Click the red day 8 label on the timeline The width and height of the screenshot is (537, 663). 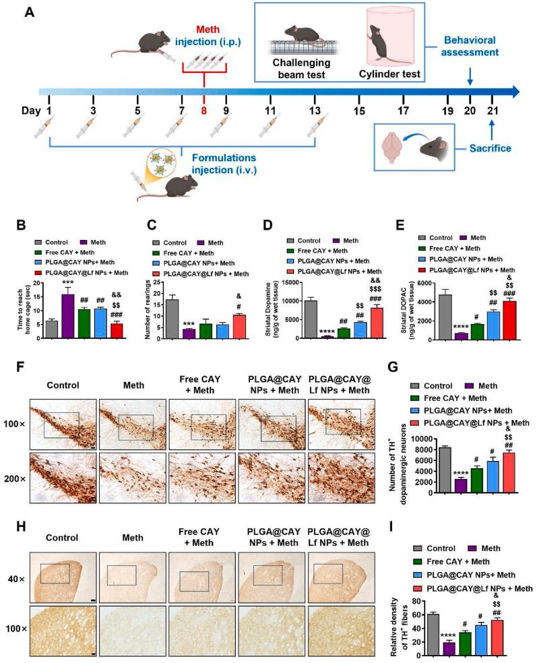(203, 110)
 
